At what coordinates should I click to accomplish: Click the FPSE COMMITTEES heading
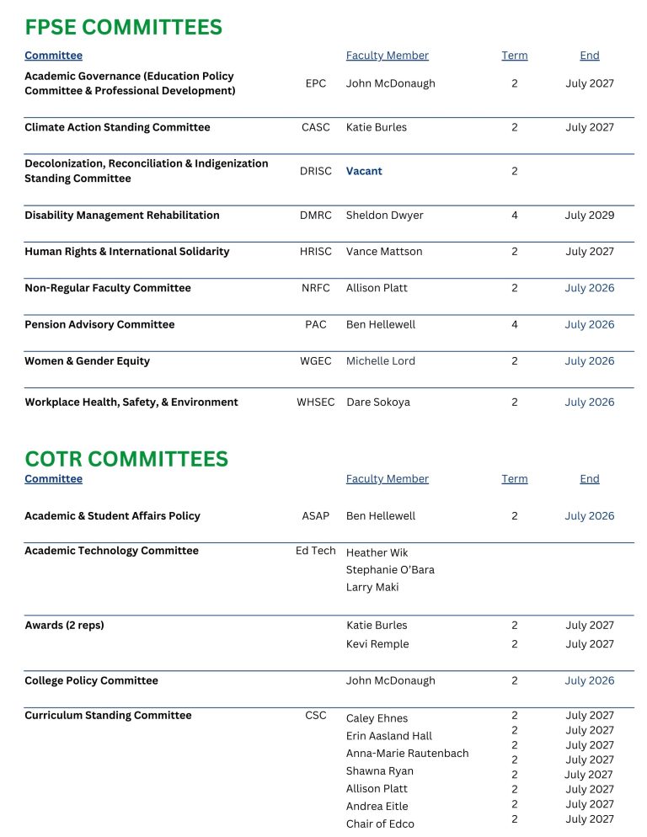click(123, 28)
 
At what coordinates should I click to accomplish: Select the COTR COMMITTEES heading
click(126, 459)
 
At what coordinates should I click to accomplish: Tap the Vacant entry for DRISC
click(364, 171)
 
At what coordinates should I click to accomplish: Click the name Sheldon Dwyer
click(384, 216)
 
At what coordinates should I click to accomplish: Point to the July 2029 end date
click(589, 216)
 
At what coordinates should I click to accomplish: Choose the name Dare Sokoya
click(378, 403)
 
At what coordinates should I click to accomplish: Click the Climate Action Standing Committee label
click(117, 128)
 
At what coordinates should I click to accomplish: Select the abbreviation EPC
click(316, 84)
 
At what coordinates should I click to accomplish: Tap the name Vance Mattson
click(384, 252)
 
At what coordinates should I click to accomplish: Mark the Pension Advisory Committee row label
click(99, 325)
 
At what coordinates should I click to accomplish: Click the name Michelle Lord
click(380, 361)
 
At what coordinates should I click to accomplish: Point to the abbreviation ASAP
click(316, 516)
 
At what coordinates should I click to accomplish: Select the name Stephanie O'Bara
click(390, 570)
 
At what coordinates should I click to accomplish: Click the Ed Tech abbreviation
click(315, 551)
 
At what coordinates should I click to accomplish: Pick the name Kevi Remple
click(377, 644)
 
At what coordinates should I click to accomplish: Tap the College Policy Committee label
click(91, 681)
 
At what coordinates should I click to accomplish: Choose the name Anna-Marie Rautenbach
click(407, 754)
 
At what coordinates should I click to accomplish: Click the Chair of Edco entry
click(380, 824)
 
